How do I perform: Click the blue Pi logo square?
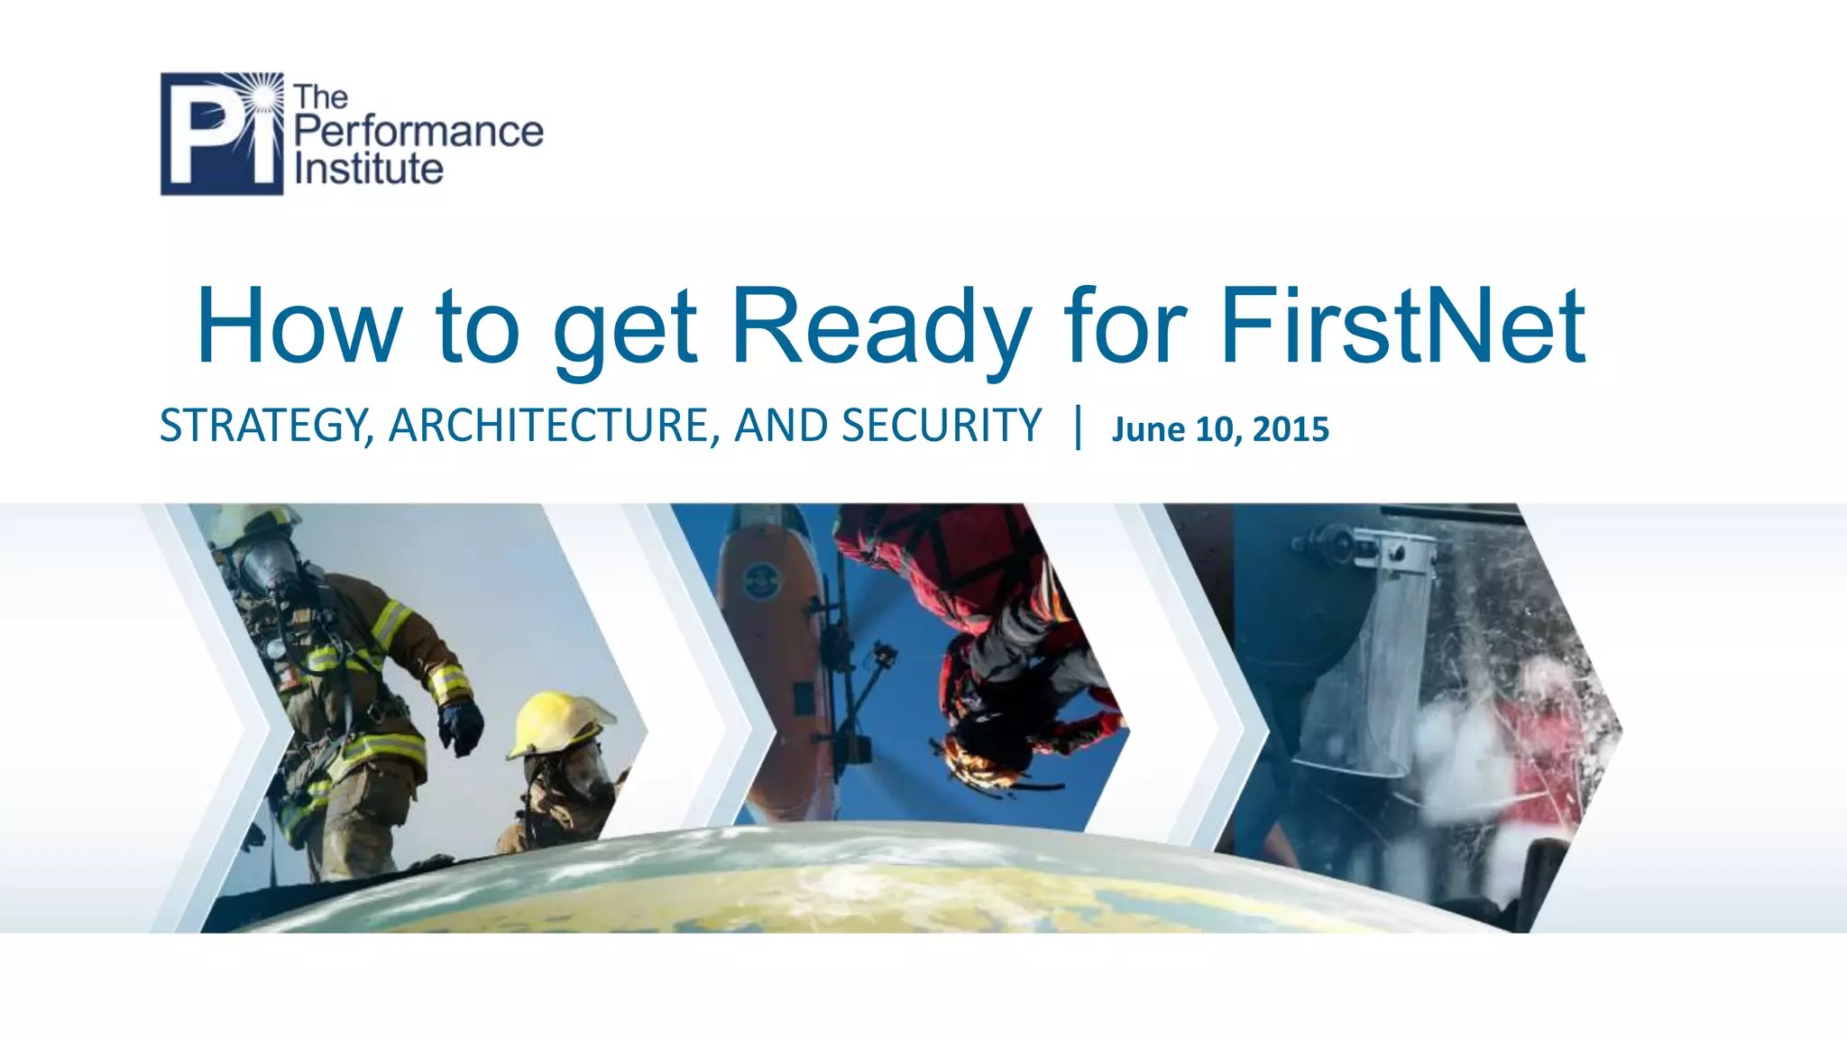click(221, 133)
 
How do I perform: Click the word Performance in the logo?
click(418, 132)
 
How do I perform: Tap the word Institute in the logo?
click(369, 169)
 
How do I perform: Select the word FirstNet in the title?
click(1402, 326)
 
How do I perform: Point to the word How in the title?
click(299, 326)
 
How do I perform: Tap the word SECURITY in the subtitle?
click(942, 426)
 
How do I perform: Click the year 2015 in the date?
click(1291, 429)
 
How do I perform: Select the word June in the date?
click(1148, 429)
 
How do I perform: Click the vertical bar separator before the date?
click(1078, 427)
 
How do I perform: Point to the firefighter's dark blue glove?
click(461, 726)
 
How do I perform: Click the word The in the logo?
click(320, 97)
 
